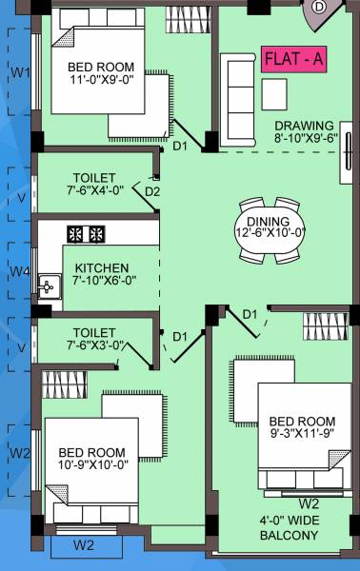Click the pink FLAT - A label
293,59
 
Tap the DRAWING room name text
305,126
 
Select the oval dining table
270,228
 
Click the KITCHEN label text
102,267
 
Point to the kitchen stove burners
85,232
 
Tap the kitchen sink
47,283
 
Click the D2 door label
151,191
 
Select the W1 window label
19,72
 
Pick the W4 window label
19,272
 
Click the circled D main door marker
319,7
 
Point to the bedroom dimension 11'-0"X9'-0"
101,82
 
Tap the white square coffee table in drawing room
274,92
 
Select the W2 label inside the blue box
84,545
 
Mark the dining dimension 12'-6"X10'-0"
270,231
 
